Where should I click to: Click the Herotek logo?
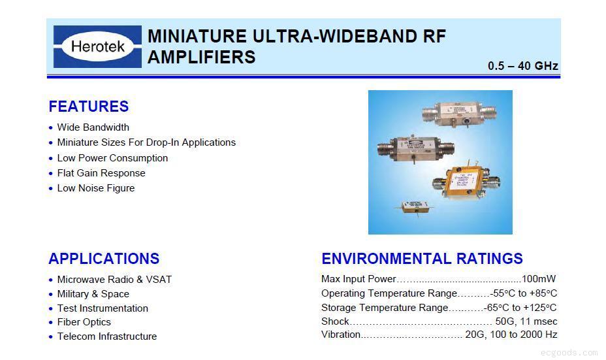[x=97, y=46]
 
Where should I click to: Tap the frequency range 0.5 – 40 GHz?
[x=523, y=66]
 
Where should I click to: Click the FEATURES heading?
[x=89, y=106]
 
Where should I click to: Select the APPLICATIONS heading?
[x=104, y=258]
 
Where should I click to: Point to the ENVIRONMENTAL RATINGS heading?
[x=422, y=258]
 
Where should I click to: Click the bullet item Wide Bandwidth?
[x=93, y=127]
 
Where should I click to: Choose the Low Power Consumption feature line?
[x=112, y=157]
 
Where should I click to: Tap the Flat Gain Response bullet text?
[x=101, y=173]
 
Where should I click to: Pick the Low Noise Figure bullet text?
[x=96, y=188]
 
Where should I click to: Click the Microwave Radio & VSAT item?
[x=114, y=279]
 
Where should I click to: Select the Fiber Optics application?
[x=84, y=321]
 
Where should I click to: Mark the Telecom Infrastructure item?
[x=107, y=336]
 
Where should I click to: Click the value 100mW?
[x=539, y=279]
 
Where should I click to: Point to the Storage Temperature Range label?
[x=385, y=308]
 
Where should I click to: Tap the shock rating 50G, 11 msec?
[x=526, y=321]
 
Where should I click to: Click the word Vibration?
[x=341, y=335]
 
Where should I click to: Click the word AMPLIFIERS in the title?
[x=202, y=57]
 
